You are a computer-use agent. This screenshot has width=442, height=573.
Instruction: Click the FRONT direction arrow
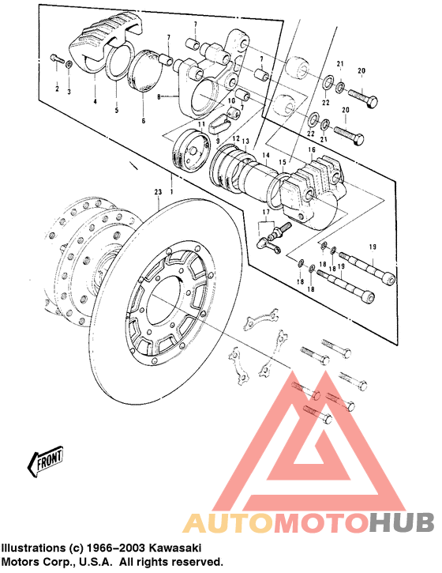click(x=45, y=459)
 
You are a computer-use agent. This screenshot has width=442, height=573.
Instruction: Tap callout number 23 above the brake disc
click(x=158, y=191)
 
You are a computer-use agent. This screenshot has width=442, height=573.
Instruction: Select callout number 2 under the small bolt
click(x=57, y=89)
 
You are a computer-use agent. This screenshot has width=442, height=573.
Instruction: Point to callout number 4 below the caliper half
click(x=95, y=101)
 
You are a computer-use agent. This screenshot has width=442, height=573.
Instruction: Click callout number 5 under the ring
click(x=117, y=110)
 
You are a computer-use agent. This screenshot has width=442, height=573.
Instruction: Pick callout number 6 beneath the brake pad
click(x=143, y=120)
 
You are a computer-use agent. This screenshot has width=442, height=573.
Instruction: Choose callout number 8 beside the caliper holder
click(x=159, y=97)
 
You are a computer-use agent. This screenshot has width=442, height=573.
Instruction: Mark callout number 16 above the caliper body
click(x=311, y=150)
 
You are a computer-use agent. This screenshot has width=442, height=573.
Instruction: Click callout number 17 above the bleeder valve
click(x=266, y=212)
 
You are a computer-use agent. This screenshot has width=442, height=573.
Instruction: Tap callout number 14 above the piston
click(x=266, y=156)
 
